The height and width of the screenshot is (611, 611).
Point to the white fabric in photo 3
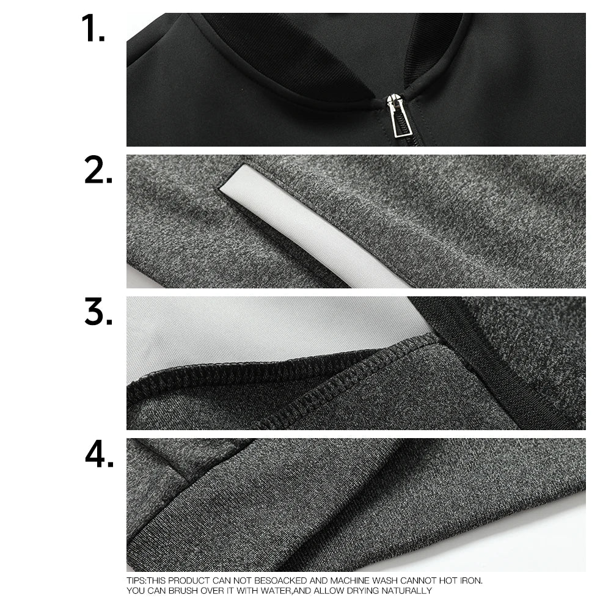point(257,330)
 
